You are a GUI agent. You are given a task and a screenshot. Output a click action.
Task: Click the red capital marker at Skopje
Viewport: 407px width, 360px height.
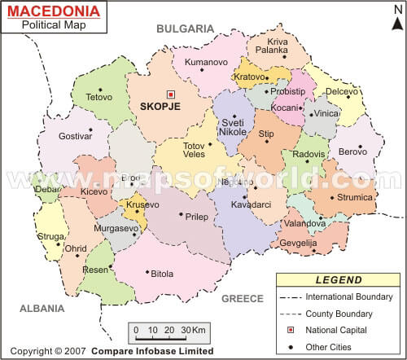pyautogui.click(x=171, y=94)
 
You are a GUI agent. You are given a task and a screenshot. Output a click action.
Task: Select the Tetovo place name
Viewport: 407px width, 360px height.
pyautogui.click(x=98, y=97)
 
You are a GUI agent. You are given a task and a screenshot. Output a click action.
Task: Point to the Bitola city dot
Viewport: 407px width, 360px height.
pyautogui.click(x=147, y=272)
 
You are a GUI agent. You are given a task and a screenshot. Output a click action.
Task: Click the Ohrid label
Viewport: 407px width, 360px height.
pyautogui.click(x=75, y=248)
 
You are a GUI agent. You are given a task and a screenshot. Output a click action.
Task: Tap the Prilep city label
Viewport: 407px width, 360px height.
pyautogui.click(x=197, y=217)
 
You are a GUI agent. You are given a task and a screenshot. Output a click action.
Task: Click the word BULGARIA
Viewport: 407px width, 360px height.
pyautogui.click(x=185, y=29)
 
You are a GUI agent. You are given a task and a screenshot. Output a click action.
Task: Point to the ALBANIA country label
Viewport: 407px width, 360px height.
pyautogui.click(x=42, y=309)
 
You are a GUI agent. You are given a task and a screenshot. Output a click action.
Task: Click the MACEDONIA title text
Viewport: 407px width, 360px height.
pyautogui.click(x=54, y=11)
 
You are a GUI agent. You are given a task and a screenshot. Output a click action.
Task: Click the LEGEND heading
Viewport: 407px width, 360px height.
pyautogui.click(x=338, y=280)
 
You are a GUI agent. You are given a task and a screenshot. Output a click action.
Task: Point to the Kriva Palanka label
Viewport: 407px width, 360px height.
pyautogui.click(x=278, y=46)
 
